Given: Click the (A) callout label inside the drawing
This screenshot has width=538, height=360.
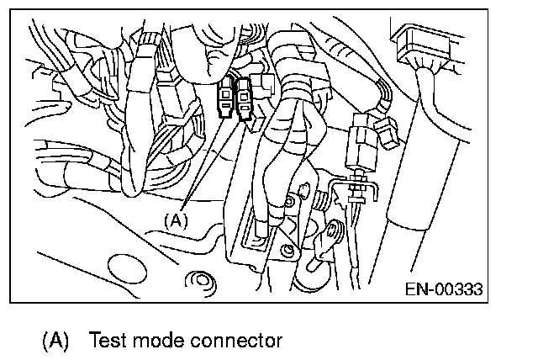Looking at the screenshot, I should click(174, 220).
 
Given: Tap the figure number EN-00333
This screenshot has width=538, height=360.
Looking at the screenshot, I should click(444, 289).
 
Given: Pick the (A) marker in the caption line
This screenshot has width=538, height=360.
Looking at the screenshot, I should click(55, 341).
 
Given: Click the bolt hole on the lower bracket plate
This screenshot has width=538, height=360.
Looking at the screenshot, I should click(287, 250).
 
